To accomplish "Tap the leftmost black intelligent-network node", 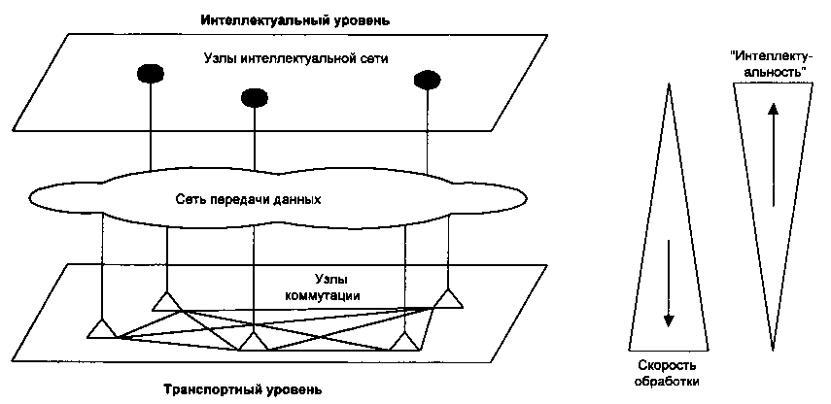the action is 150,73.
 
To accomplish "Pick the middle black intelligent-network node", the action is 254,96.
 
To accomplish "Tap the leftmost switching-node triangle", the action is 101,328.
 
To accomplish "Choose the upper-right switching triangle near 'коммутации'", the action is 447,298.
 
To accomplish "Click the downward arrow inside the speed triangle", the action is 669,282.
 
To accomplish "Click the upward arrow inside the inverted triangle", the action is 774,155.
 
